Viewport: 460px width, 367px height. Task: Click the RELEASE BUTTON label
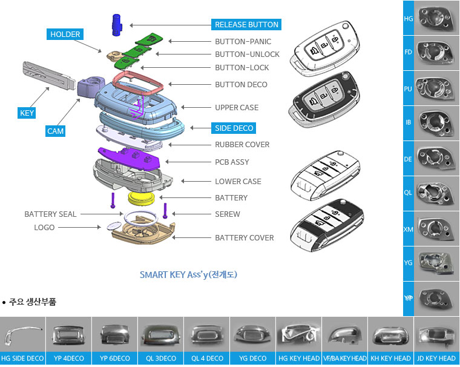click(x=247, y=25)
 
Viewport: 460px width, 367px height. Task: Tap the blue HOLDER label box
click(x=65, y=35)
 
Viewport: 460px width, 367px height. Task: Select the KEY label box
click(x=27, y=113)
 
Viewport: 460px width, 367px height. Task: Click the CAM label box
click(x=56, y=131)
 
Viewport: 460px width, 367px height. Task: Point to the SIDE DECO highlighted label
click(x=235, y=128)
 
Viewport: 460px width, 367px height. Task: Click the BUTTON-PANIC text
click(x=243, y=42)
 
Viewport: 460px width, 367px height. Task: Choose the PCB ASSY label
click(x=232, y=162)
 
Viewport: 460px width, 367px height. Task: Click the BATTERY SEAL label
click(x=50, y=214)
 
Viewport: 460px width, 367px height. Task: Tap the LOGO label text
click(x=44, y=228)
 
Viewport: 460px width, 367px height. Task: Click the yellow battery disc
click(x=143, y=197)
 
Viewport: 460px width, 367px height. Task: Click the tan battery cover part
click(x=143, y=234)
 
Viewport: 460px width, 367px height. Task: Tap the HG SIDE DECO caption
click(x=22, y=359)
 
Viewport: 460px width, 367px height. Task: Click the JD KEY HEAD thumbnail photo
click(x=436, y=334)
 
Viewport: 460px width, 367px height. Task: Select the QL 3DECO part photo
click(x=160, y=334)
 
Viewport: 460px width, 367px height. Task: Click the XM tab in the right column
click(x=409, y=230)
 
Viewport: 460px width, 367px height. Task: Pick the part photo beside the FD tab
click(x=436, y=53)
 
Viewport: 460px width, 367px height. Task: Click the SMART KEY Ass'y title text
click(x=188, y=274)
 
